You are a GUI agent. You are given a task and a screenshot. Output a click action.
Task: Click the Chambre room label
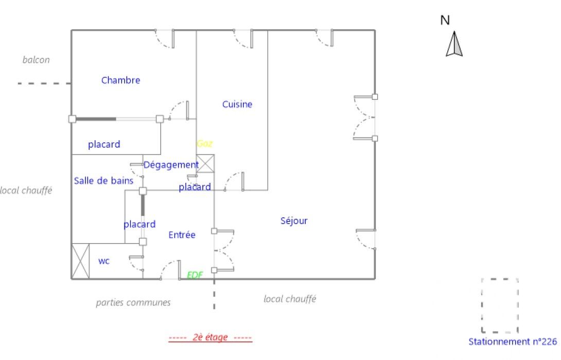pos(120,80)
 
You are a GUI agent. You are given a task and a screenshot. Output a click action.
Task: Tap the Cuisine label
pos(237,104)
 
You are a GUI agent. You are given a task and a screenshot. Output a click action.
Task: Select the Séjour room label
pos(294,220)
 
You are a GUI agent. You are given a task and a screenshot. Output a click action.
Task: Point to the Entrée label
pos(182,234)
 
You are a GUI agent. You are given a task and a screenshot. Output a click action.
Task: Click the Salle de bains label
pos(103,180)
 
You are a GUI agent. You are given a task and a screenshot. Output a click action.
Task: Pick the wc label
pos(104,261)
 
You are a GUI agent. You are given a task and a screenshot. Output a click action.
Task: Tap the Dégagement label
pos(171,165)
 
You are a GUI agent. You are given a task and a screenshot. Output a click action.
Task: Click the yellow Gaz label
pos(204,143)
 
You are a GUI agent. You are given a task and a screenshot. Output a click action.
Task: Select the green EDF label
pos(195,275)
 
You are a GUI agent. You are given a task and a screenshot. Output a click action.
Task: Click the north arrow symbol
pos(454,44)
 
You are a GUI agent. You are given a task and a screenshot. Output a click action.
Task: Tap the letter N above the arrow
pos(445,20)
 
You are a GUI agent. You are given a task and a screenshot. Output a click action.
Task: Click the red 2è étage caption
pos(209,338)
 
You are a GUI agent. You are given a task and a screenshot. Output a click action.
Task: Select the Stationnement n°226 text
pos(513,341)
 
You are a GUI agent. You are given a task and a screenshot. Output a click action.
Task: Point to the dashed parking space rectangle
pos(500,305)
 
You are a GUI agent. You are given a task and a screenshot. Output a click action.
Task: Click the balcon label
pos(36,60)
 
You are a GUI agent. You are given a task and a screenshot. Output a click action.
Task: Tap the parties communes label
pos(133,302)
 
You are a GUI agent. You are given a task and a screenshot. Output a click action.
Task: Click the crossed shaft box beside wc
pos(80,261)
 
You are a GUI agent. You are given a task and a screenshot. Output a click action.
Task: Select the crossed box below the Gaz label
pos(205,163)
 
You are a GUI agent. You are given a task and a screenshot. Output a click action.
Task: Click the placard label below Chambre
pos(104,145)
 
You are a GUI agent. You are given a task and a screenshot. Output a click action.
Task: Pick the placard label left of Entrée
pos(139,224)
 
